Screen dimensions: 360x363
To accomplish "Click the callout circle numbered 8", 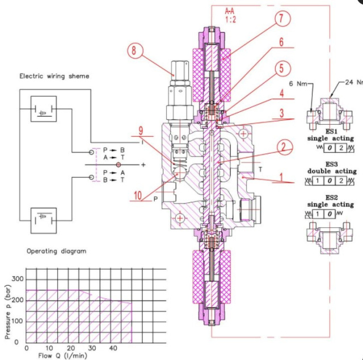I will (x=134, y=50).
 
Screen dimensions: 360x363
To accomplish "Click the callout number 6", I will (x=281, y=42).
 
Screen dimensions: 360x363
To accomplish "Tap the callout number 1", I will (x=280, y=176).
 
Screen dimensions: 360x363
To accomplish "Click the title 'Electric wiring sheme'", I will (x=54, y=75).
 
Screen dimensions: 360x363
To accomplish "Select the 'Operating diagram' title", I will (x=57, y=251).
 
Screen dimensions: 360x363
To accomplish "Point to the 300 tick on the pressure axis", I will (x=17, y=279).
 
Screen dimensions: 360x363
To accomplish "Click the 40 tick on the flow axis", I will (x=113, y=348).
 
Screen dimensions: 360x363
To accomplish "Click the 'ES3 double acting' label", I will (x=332, y=168).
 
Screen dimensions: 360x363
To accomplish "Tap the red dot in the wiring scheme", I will (x=119, y=164).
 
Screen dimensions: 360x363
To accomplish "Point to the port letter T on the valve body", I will (x=259, y=169).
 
